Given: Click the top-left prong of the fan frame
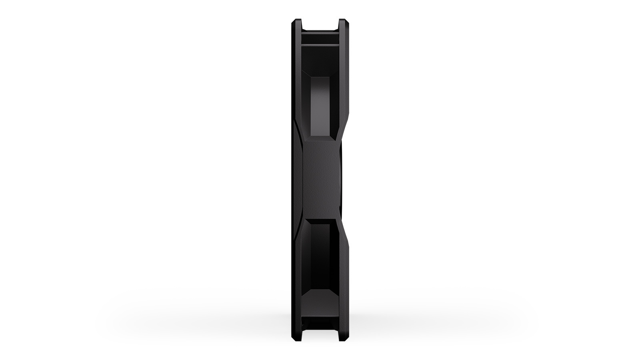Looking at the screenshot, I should [x=296, y=25].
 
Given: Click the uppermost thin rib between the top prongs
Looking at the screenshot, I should [x=320, y=33].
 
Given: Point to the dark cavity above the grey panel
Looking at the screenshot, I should [x=320, y=60].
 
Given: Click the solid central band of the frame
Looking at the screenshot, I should [x=320, y=180].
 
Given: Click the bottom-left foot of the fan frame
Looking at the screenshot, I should [x=296, y=335].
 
